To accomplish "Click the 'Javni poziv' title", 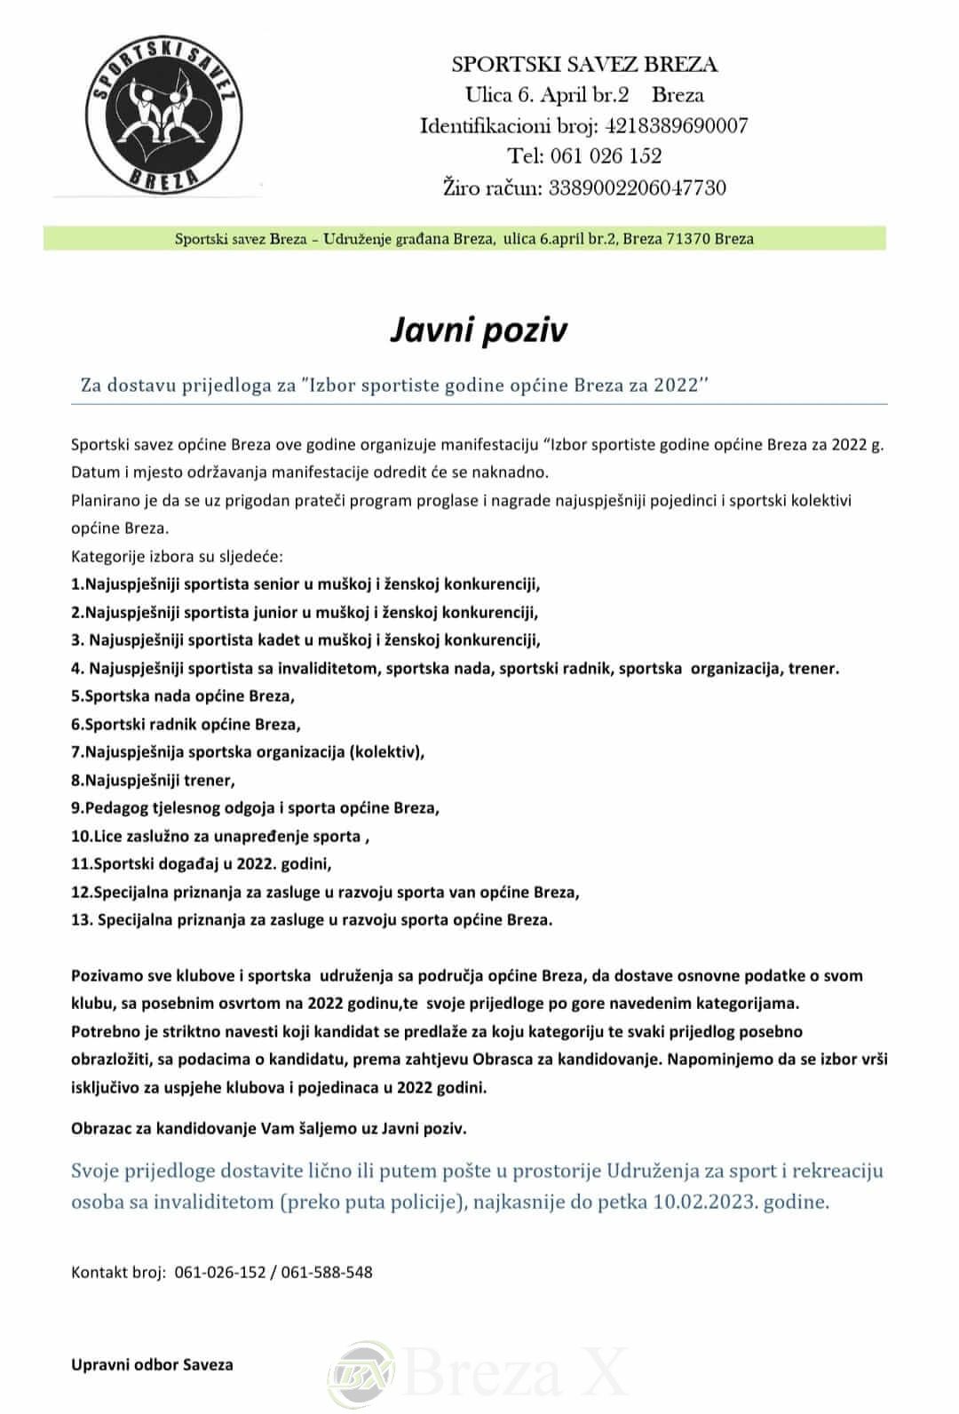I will pos(479,330).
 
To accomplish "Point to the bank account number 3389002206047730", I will pos(637,187).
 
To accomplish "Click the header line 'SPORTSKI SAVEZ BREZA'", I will pos(584,64).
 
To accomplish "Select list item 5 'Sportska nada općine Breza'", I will pos(183,695).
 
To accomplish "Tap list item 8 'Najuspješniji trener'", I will pos(153,781).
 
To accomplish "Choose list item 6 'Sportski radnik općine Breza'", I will pos(186,724).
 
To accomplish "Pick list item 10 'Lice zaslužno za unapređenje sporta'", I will pos(219,836).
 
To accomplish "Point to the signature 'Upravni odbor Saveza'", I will pos(152,1364).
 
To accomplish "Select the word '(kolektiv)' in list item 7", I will pos(387,752).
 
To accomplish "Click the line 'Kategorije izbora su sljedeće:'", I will pos(177,557).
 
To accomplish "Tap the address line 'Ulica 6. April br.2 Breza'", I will pos(584,95).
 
